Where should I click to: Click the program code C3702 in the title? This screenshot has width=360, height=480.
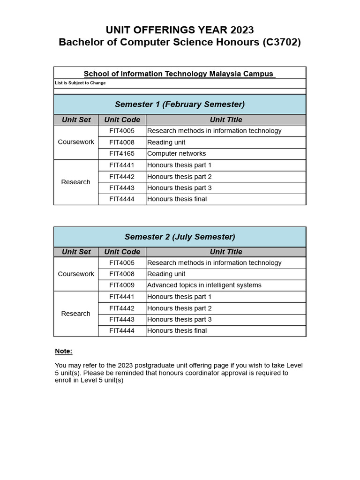tap(281, 42)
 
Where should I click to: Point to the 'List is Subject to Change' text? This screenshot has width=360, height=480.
tap(80, 83)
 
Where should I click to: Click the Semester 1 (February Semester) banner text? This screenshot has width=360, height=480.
tap(180, 104)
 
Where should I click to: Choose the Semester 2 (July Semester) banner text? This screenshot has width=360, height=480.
tap(180, 237)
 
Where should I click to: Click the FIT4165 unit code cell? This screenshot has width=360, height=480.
tap(122, 154)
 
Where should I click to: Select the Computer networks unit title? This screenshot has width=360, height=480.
tap(176, 154)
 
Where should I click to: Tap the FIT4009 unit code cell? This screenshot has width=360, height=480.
tap(122, 285)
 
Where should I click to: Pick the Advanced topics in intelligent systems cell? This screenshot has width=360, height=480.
tap(204, 285)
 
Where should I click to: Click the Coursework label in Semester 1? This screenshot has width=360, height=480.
tap(76, 142)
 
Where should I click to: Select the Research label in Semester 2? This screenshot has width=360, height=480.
tap(76, 314)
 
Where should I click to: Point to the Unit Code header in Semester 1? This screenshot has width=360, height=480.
tap(122, 120)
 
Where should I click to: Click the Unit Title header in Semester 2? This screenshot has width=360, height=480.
tap(226, 252)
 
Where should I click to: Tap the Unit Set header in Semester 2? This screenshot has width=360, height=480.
tap(76, 252)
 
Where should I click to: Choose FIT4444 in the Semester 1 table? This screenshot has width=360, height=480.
tap(122, 199)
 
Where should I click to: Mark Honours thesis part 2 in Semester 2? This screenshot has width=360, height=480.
tap(179, 308)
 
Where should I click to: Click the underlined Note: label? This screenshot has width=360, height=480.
tap(64, 351)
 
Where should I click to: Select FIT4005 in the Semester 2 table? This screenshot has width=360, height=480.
tap(122, 263)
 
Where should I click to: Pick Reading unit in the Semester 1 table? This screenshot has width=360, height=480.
tap(166, 142)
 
